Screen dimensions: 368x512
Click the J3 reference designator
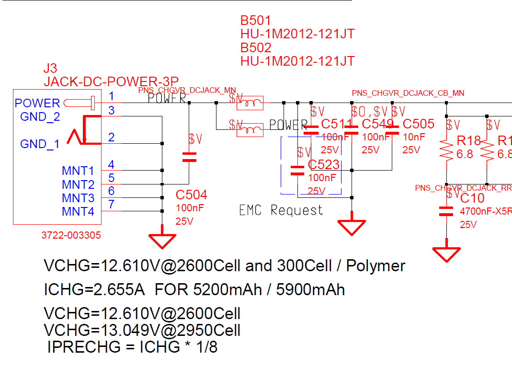[50, 68]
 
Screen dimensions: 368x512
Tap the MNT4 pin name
[78, 211]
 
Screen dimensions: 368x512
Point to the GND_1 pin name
[40, 144]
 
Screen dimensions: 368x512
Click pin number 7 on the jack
[111, 205]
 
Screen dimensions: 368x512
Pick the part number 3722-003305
[71, 235]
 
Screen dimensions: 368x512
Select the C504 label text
[192, 195]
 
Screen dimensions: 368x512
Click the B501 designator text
[256, 21]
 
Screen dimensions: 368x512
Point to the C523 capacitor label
[324, 165]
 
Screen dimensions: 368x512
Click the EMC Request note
[281, 210]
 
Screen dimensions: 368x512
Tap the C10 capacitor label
[472, 198]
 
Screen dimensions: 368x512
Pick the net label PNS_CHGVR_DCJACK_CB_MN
[408, 93]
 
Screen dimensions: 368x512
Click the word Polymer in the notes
[375, 265]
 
